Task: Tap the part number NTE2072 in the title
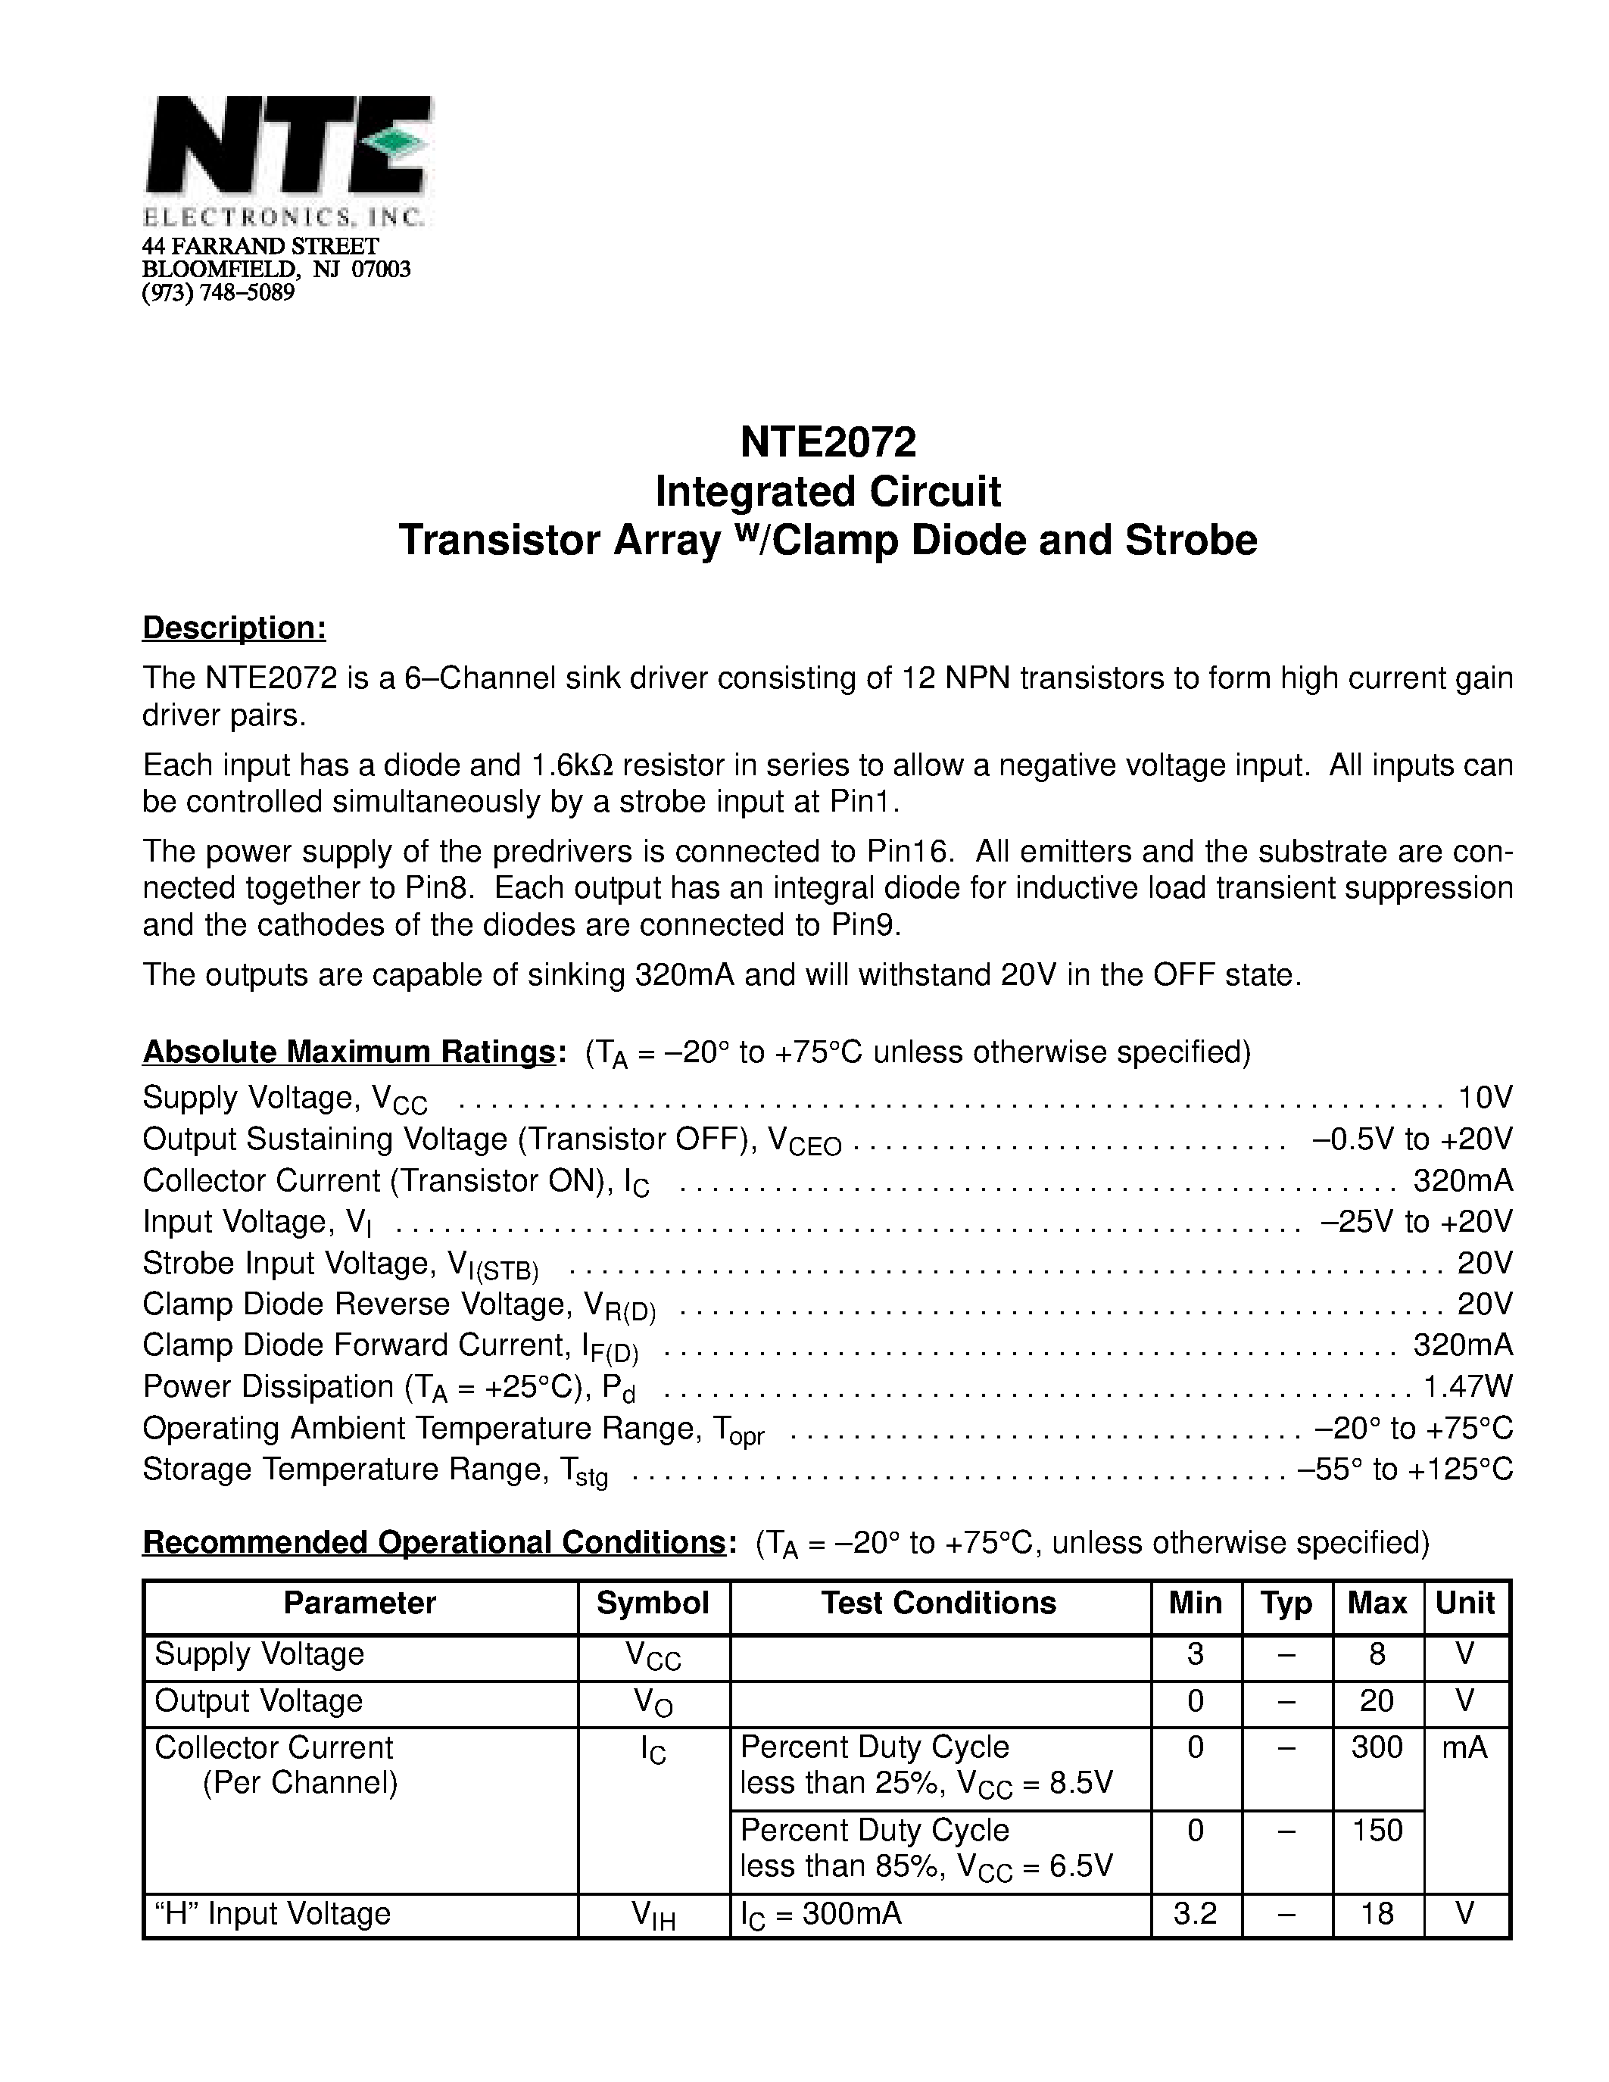pos(828,441)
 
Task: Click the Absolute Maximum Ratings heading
pos(348,1052)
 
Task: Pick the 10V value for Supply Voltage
pos(1485,1097)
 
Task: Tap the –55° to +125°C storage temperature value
pos(1406,1469)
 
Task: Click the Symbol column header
pos(653,1604)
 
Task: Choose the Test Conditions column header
pos(939,1604)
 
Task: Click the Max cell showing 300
pos(1377,1747)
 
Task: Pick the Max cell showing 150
pos(1377,1831)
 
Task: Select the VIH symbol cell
pos(653,1915)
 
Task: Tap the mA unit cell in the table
pos(1465,1747)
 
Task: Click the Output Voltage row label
pos(258,1700)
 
